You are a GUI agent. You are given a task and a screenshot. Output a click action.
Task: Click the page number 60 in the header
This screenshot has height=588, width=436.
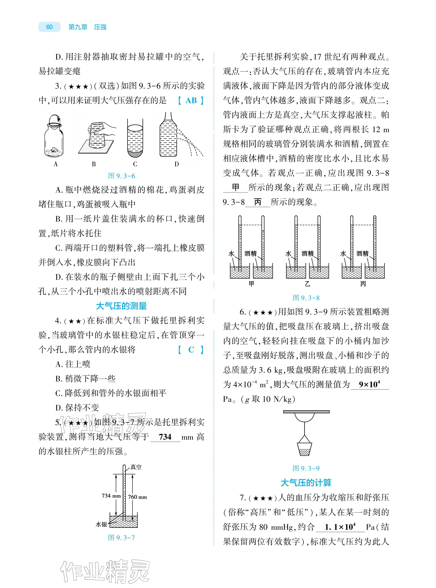49,27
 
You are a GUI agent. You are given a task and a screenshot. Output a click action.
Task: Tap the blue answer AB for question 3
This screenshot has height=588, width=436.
191,101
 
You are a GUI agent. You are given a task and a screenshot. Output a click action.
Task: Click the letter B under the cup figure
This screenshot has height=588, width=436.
94,164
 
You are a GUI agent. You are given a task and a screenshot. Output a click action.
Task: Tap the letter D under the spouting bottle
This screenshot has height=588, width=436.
177,164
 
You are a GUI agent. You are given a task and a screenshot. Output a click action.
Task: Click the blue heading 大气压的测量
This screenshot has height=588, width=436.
121,306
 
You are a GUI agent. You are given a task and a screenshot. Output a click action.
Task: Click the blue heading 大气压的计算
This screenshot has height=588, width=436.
306,483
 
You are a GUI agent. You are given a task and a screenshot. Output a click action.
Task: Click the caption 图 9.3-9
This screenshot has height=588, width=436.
306,468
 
